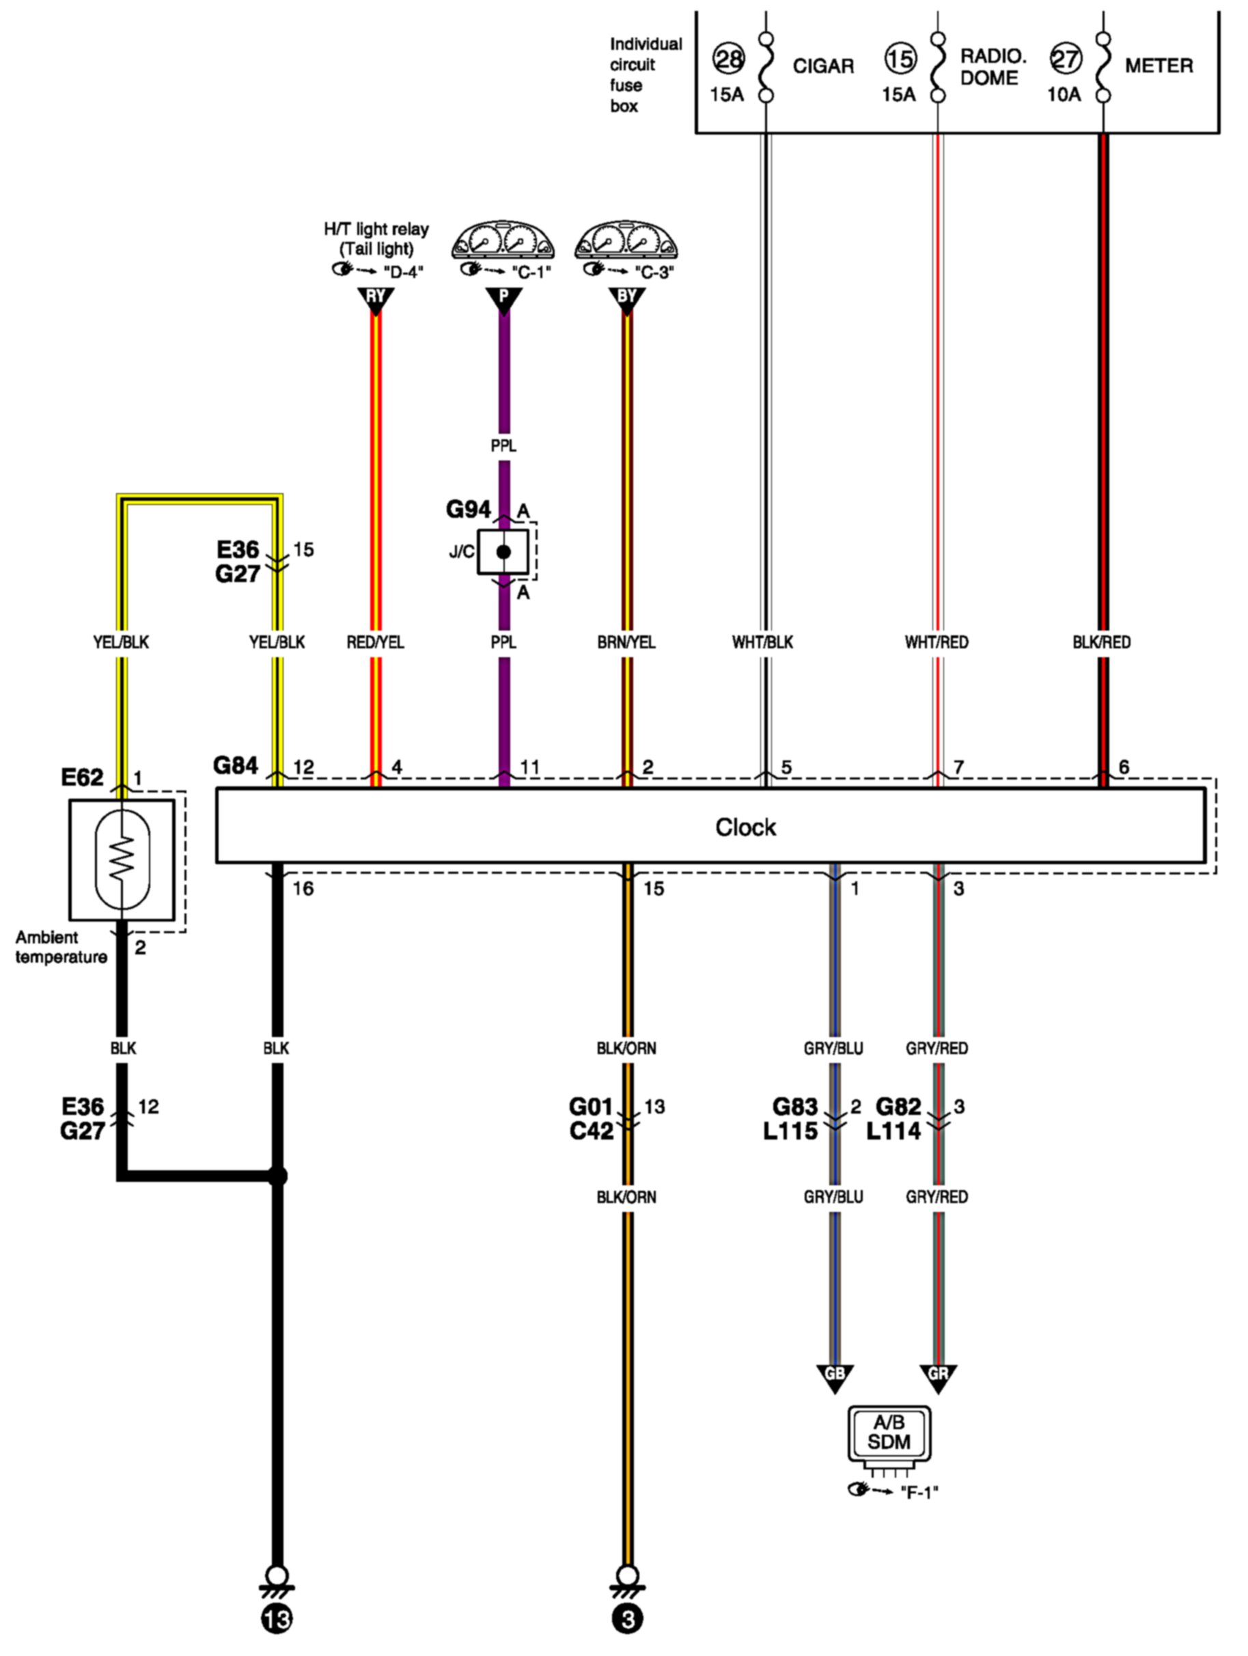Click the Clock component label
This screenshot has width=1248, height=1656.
(x=745, y=827)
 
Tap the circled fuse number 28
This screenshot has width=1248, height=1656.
(x=727, y=58)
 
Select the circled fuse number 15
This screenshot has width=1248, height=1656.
(x=900, y=58)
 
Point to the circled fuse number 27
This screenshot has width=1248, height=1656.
(x=1064, y=58)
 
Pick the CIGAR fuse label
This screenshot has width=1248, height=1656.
(x=822, y=67)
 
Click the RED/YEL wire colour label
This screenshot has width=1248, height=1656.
(x=375, y=642)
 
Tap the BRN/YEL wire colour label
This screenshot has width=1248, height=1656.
(x=626, y=642)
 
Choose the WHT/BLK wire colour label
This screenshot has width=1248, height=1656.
(x=762, y=642)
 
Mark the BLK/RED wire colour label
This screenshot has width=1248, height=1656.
(x=1101, y=642)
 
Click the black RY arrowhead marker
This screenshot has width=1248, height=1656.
(x=376, y=299)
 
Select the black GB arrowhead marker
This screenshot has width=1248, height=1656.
(x=834, y=1376)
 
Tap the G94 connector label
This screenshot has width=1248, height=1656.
(x=469, y=510)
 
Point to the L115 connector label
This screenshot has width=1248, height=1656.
(x=790, y=1131)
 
